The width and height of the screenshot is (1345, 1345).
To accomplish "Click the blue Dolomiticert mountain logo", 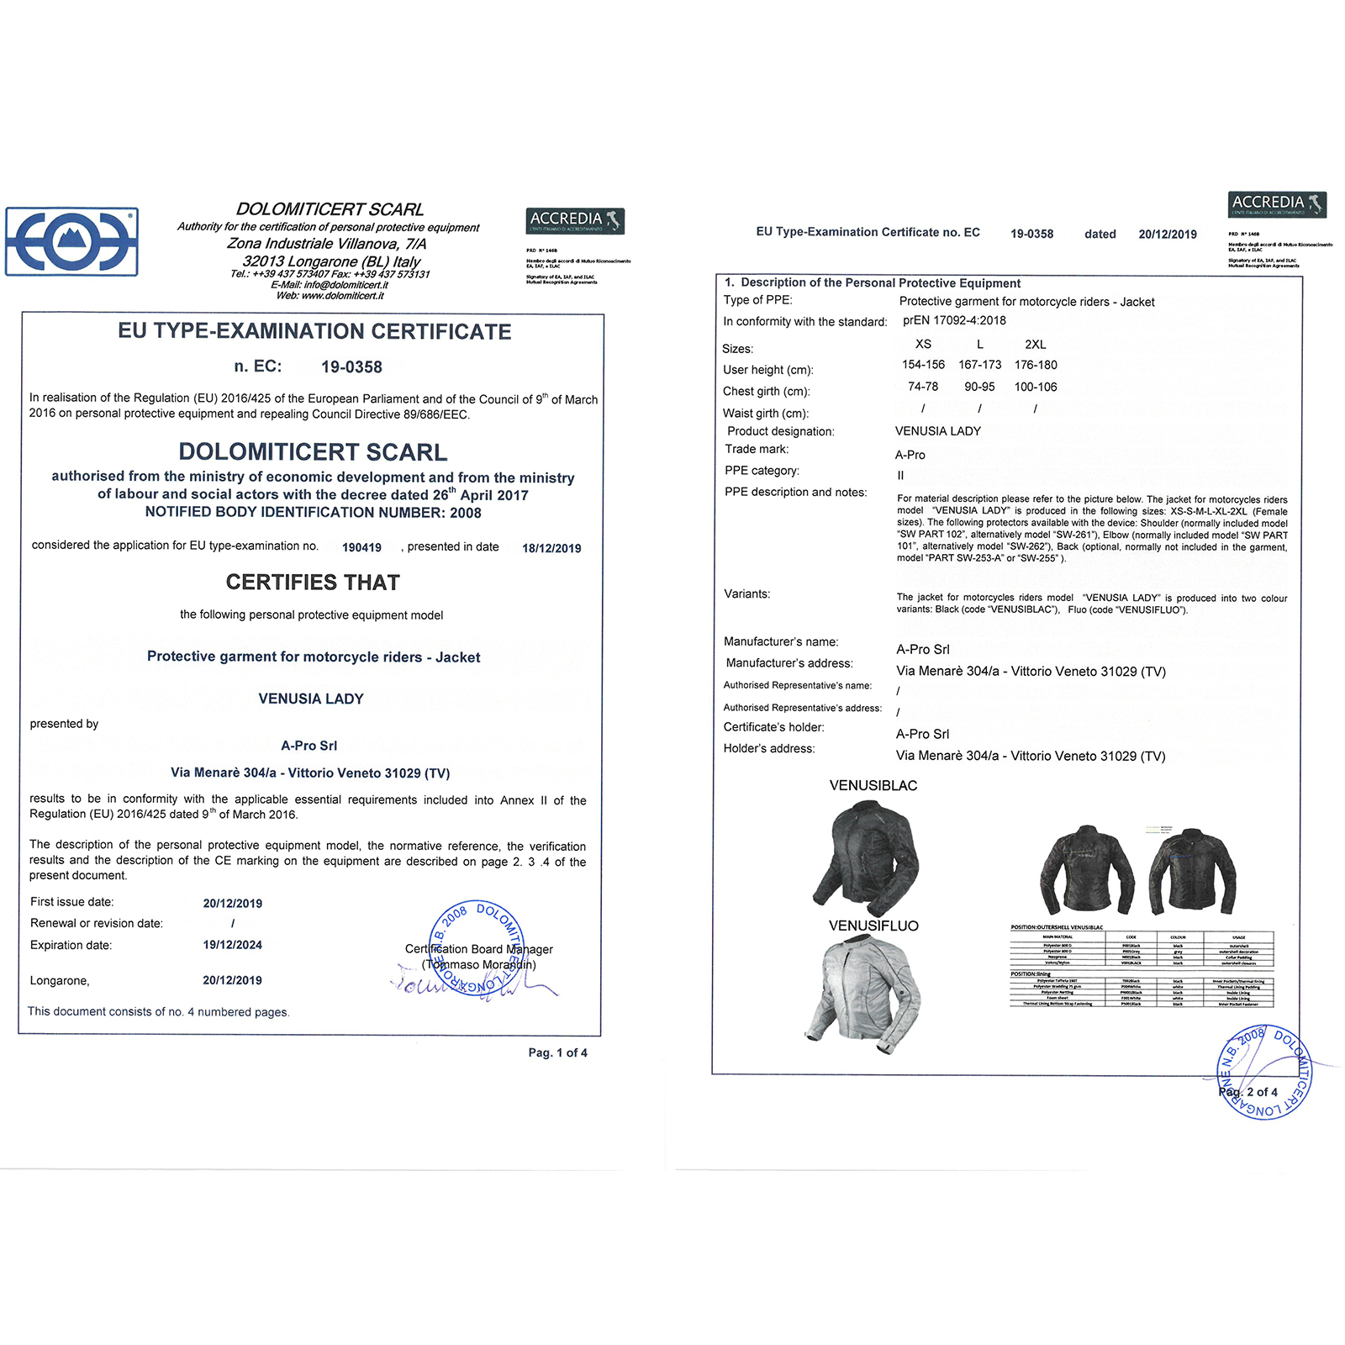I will (72, 242).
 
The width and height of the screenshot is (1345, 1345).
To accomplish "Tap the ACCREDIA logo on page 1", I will (575, 221).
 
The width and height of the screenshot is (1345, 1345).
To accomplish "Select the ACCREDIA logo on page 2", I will (1277, 204).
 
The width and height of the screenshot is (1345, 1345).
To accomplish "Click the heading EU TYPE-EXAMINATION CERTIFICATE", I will (314, 332).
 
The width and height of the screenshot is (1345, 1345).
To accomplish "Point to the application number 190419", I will (361, 548).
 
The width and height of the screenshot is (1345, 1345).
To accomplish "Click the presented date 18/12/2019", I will (551, 548).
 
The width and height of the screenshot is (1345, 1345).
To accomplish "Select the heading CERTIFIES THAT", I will (313, 583).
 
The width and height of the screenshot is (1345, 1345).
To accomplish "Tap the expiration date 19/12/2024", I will (233, 945).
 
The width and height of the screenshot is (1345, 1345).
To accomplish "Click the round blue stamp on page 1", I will (477, 948).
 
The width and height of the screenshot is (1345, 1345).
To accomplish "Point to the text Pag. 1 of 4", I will (557, 1052).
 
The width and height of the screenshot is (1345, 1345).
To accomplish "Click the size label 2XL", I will (1035, 345).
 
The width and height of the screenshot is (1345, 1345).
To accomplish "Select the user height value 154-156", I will (923, 365).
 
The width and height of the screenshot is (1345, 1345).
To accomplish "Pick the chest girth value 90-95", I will (979, 387).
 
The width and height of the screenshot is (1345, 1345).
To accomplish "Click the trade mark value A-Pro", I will (910, 455).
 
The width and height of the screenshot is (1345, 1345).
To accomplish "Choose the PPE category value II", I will (900, 475).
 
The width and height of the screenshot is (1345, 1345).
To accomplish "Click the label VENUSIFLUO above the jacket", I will (873, 926).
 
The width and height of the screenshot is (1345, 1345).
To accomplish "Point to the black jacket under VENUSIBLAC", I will (866, 857).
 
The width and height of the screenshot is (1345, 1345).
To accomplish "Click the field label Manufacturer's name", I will (781, 641).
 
